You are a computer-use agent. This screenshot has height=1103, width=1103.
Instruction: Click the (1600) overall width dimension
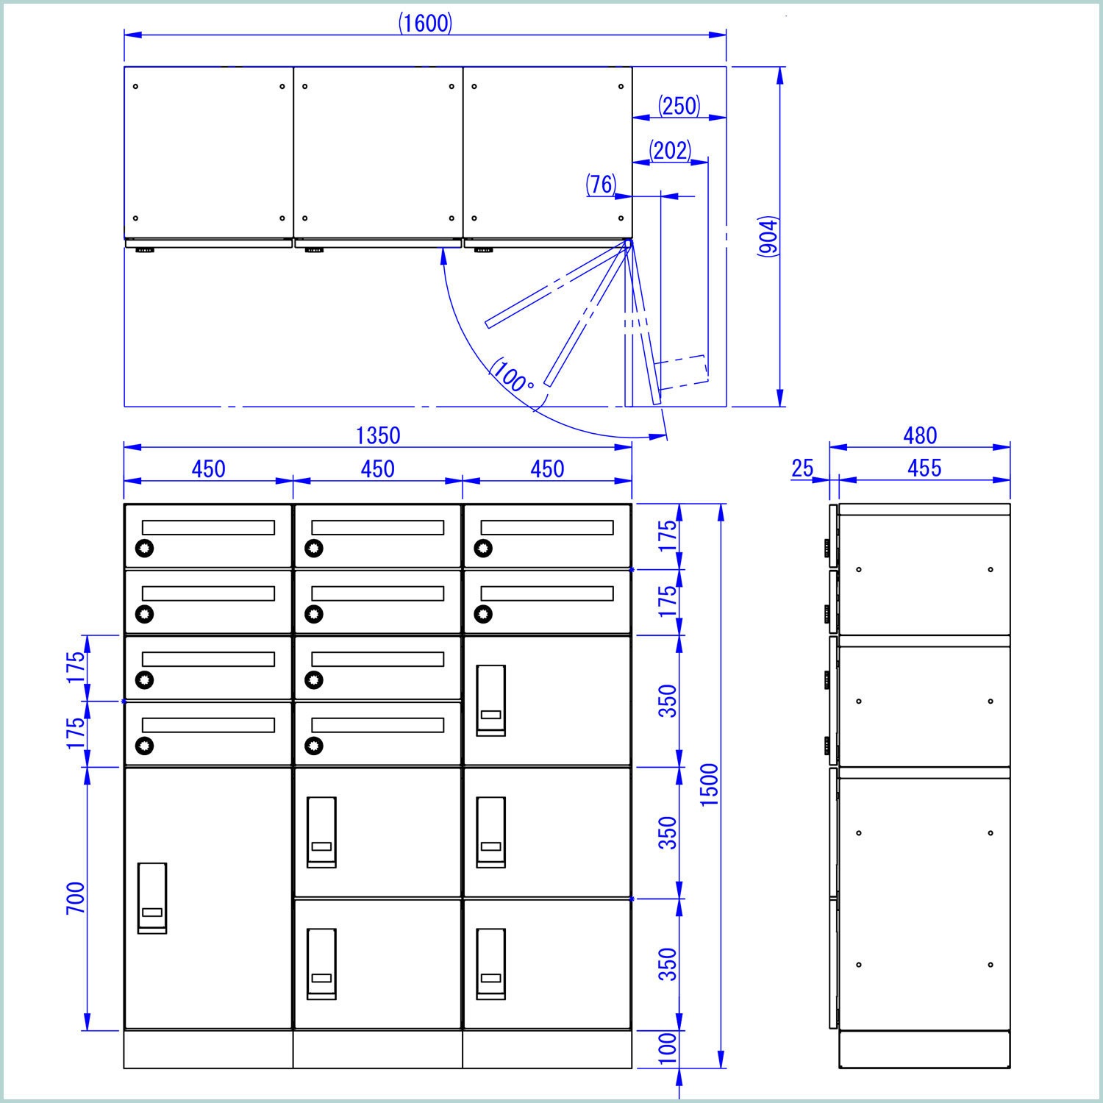click(x=426, y=24)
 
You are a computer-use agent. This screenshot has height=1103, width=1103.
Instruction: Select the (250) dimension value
click(x=679, y=106)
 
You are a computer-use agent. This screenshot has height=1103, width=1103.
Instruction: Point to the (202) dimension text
click(x=671, y=151)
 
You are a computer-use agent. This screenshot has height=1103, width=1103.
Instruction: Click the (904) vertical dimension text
click(x=768, y=237)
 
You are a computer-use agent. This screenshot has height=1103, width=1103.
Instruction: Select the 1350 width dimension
click(x=378, y=435)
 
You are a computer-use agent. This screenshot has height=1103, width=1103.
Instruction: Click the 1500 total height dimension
click(x=710, y=785)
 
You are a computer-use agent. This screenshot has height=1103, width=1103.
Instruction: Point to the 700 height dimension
click(x=76, y=898)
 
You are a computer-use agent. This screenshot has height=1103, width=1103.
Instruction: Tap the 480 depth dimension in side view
click(x=920, y=435)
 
